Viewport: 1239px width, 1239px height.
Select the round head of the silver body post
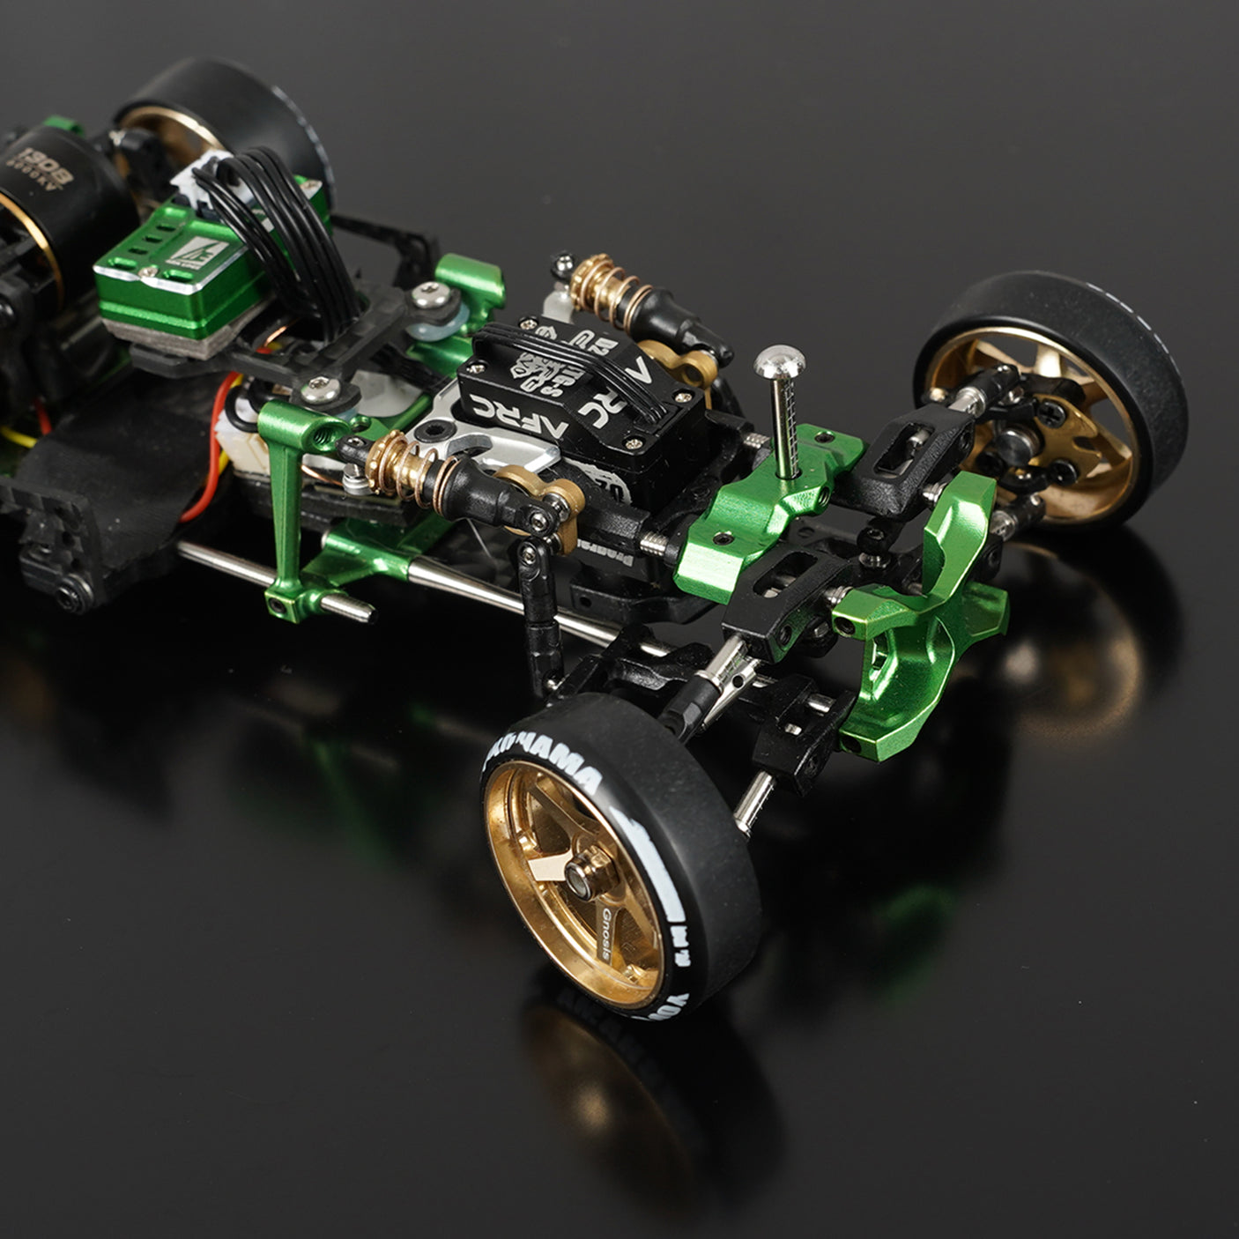779,360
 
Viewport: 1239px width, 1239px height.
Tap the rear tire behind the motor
238,106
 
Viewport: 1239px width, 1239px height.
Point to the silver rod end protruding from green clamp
352,608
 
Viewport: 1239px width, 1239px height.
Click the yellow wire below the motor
22,436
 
